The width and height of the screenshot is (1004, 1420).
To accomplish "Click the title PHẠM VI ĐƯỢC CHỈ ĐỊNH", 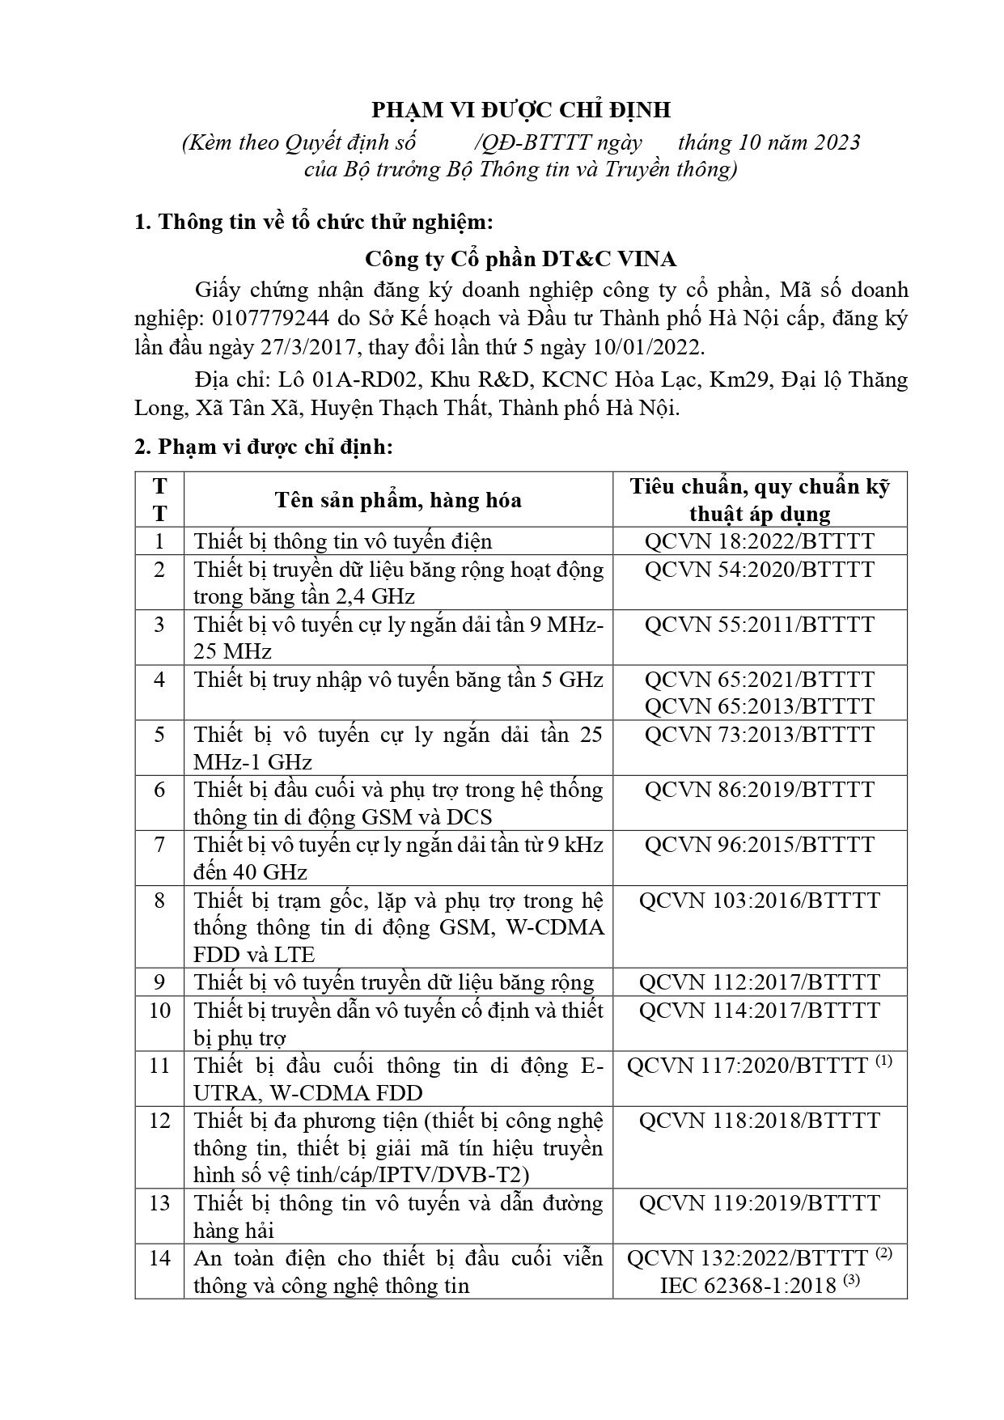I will (x=520, y=110).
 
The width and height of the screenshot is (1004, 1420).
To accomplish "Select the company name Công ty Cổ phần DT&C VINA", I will (x=520, y=259).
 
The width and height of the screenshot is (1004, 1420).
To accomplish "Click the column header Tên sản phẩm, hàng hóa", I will (x=398, y=500).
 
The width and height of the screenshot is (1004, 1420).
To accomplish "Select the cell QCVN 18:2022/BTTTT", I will (x=759, y=541).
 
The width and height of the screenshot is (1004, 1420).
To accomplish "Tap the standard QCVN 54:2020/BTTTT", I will (x=759, y=570).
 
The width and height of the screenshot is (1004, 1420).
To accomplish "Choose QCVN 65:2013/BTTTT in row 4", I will (x=759, y=706).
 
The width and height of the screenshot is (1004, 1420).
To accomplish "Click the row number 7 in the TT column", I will (x=159, y=845).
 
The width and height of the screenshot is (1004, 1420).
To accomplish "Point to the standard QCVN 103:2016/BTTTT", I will (x=759, y=901).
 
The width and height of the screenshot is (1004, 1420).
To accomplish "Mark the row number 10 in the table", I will (x=159, y=1011).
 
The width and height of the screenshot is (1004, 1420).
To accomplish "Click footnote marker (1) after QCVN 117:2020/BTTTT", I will (x=883, y=1061).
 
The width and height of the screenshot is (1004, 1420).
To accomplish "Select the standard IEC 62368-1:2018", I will (x=748, y=1286).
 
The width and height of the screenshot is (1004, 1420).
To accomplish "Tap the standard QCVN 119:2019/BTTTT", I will (x=759, y=1203).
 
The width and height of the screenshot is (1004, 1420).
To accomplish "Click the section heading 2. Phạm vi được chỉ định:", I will (x=264, y=447).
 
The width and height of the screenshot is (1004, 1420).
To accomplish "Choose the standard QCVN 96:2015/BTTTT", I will (x=759, y=845).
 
